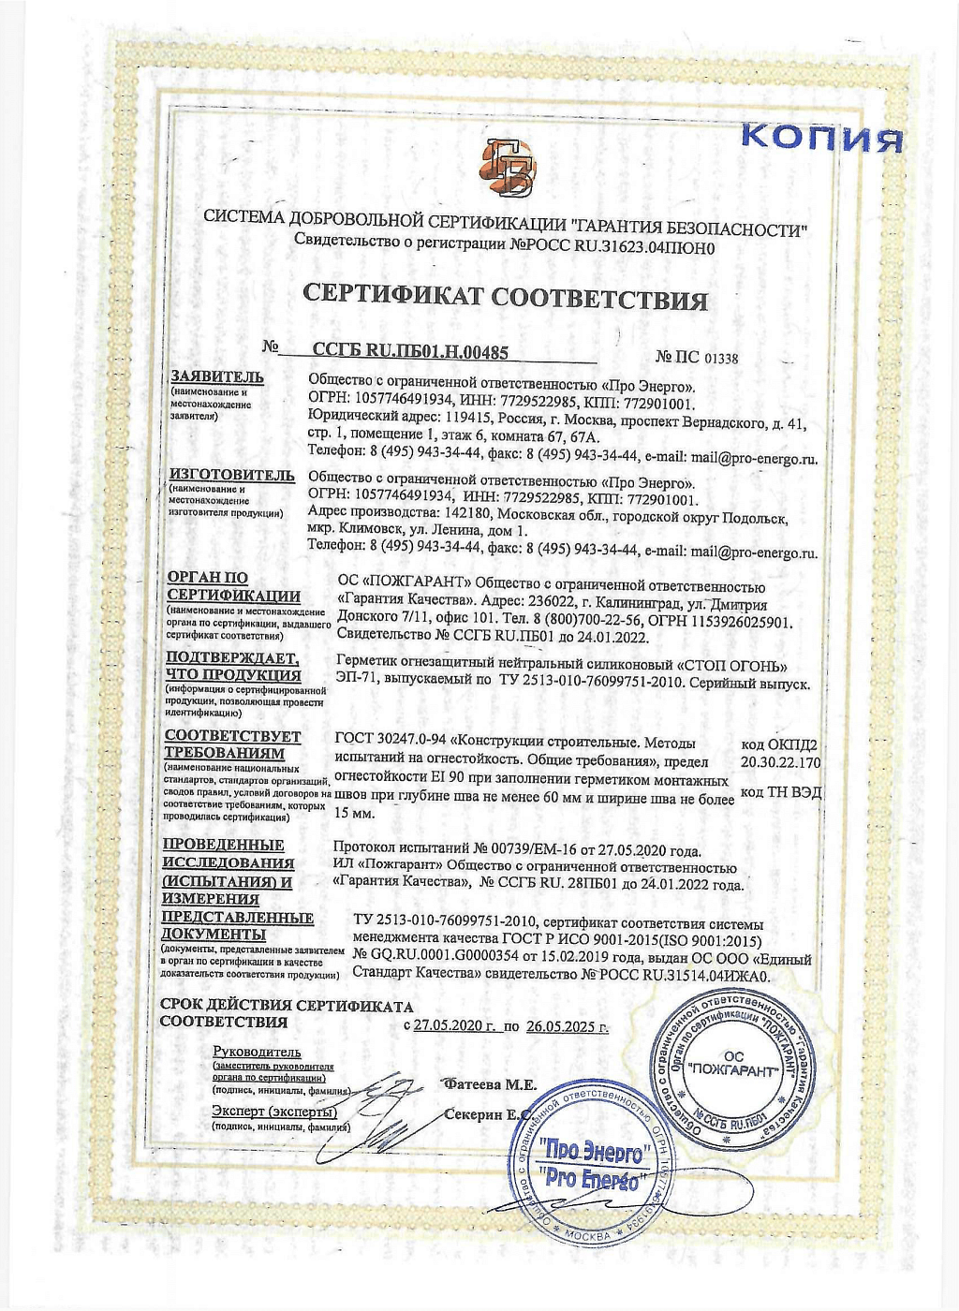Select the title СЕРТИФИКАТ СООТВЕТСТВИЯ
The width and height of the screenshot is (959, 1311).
pos(505,298)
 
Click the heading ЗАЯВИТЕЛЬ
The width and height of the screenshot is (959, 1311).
pos(216,377)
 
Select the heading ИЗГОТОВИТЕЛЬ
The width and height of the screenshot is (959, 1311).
pos(231,475)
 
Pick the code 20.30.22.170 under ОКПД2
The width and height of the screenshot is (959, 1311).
pos(780,762)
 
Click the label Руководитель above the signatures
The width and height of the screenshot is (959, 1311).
pos(257,1052)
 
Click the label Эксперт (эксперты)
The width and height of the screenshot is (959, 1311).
pos(273,1111)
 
